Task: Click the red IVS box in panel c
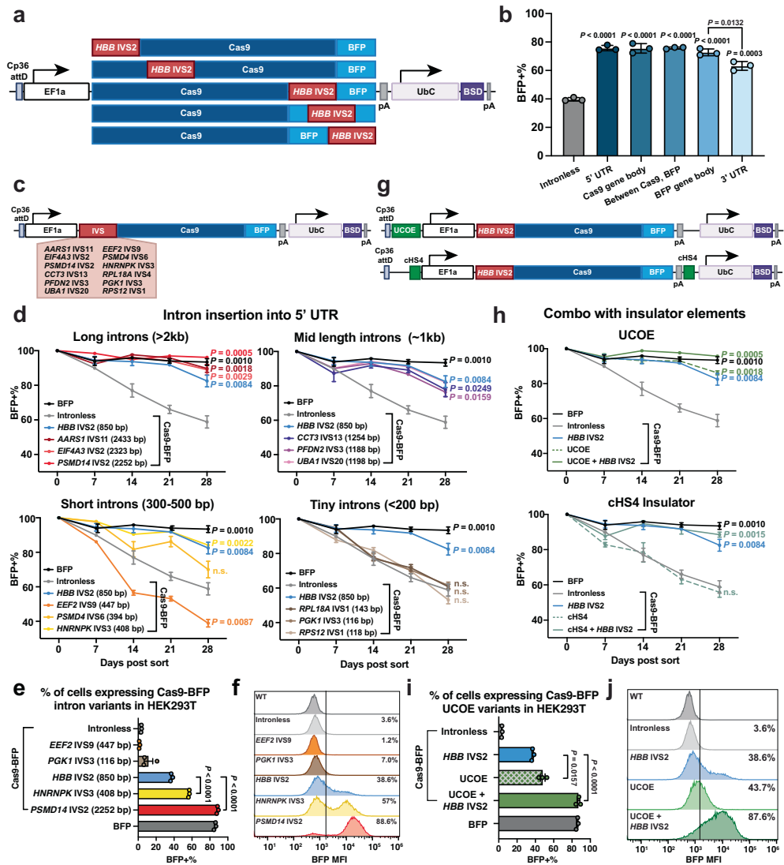tap(97, 230)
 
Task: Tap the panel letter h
tap(521, 314)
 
